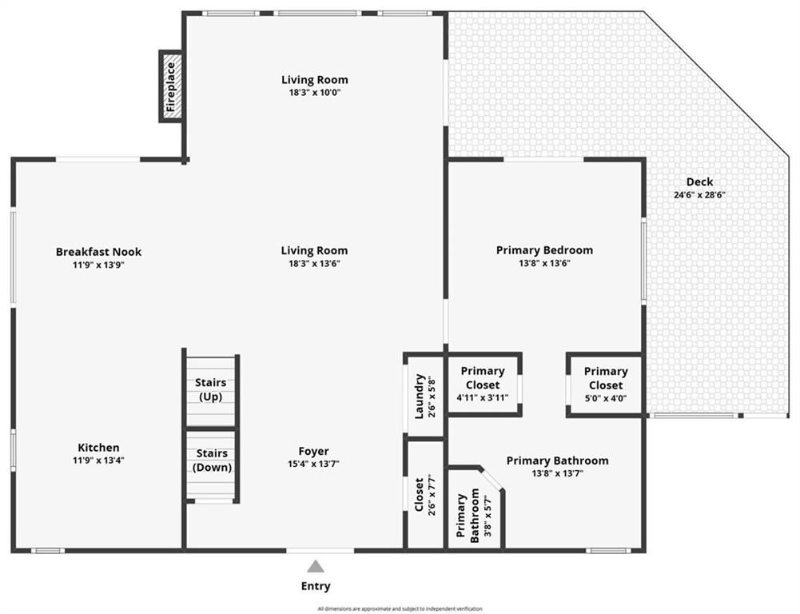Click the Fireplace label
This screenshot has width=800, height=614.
point(170,86)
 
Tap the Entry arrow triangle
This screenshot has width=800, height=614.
point(316,566)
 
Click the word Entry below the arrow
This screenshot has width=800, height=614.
point(316,586)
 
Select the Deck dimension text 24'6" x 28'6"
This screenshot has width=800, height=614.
point(699,194)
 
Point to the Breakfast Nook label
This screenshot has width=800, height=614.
point(98,252)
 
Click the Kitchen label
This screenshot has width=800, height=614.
point(98,448)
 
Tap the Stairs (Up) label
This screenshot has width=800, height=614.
point(211,389)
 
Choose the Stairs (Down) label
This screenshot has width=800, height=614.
point(212,460)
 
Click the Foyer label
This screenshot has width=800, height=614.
point(314,451)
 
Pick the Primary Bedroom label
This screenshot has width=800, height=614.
point(544,250)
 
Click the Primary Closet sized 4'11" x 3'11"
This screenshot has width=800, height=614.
point(483,384)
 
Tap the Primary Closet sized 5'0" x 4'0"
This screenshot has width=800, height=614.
point(606,384)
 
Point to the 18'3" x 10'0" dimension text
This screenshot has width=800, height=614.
point(314,92)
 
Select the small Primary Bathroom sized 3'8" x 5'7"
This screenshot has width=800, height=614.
point(468,518)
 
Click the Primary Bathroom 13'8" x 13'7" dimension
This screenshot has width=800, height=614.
point(557,473)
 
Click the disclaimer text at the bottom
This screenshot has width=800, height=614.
point(400,609)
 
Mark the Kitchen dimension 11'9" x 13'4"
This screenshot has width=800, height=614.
point(98,460)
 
